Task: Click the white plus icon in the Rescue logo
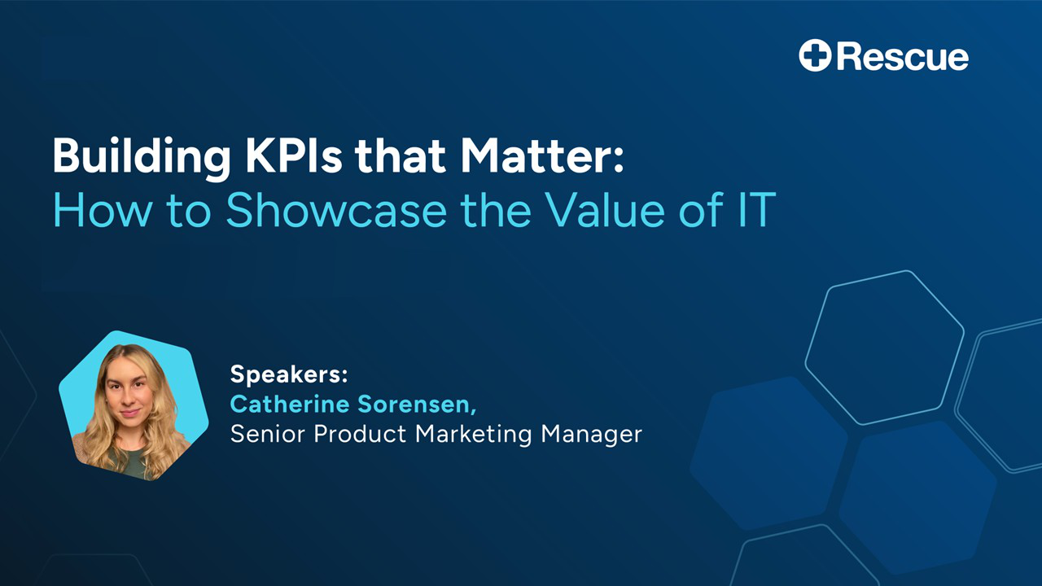815,55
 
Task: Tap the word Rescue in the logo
903,57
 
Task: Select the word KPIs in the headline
294,155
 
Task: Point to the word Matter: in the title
542,155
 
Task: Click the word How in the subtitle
102,210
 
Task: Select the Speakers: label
289,374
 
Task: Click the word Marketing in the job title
473,435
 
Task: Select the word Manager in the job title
591,435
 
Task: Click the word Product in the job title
360,434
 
